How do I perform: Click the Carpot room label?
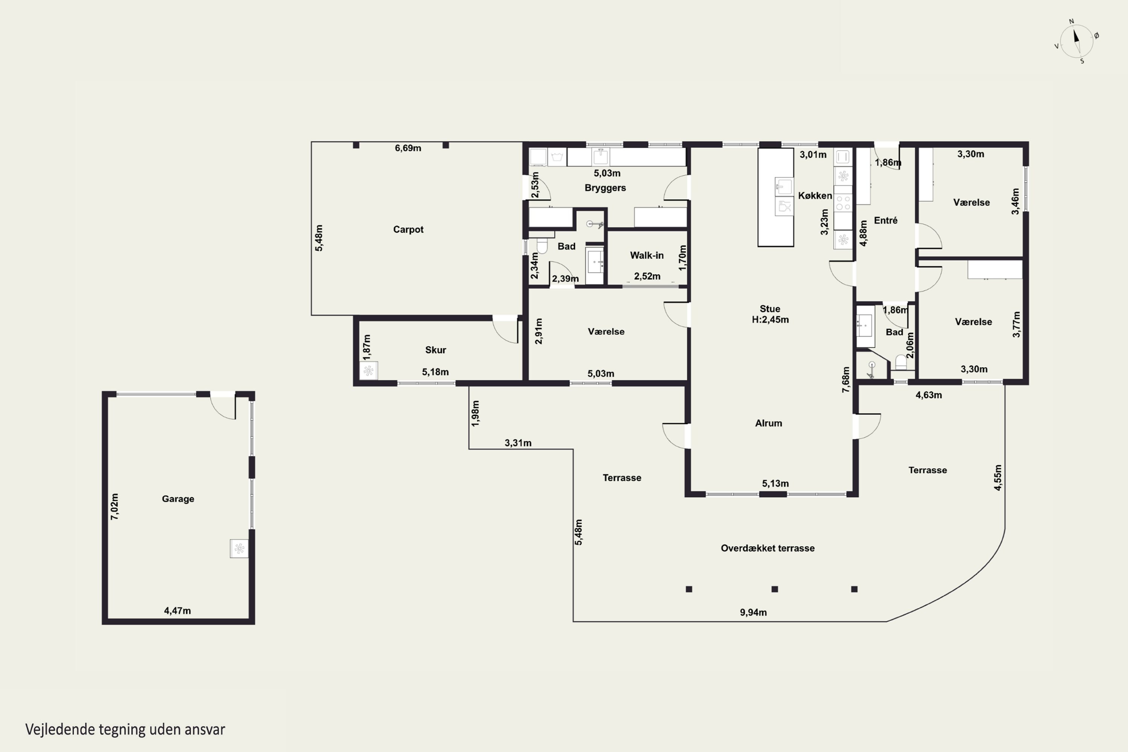408,230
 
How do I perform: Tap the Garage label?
178,499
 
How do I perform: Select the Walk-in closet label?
646,255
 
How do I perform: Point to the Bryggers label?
605,188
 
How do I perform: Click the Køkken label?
815,196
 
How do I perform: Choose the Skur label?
435,350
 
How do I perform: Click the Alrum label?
768,423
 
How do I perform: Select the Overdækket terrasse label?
767,548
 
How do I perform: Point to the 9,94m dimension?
753,613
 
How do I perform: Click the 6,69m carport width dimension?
408,148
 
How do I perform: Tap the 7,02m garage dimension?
115,506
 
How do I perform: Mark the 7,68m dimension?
846,380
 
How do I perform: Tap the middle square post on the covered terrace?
775,589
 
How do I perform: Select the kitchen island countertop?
775,197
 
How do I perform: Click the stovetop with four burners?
843,202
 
